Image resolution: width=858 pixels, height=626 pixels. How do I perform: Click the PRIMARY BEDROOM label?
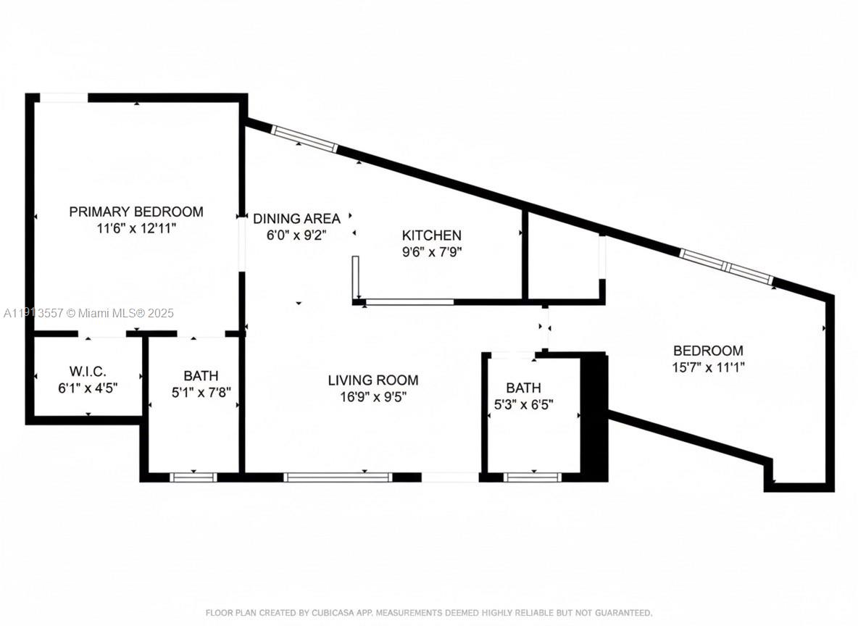pos(136,212)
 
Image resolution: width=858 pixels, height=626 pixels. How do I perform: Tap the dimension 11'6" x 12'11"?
pos(136,228)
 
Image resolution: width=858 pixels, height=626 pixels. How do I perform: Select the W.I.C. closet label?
pos(87,371)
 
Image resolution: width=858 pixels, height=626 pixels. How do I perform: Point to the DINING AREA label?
pos(296,218)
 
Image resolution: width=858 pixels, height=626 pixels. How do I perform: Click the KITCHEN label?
pos(431,235)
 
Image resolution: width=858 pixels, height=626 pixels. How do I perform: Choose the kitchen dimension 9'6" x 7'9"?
pos(431,252)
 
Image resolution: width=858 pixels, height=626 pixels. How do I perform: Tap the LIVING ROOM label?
pos(372,380)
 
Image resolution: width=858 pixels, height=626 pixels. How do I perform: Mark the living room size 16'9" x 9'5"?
pos(372,396)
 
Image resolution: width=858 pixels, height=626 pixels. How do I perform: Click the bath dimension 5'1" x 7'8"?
pos(200,392)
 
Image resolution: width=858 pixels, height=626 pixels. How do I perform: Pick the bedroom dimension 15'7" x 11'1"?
pos(708,367)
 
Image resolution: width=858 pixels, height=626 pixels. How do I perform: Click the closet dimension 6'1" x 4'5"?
pos(87,387)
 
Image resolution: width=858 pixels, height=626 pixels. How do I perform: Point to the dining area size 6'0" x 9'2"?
pos(296,234)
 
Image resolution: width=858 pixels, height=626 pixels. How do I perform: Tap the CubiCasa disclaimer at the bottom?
pos(429,612)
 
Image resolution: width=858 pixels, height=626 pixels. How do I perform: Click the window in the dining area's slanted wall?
pos(304,138)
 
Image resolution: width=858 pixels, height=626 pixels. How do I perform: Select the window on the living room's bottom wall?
pos(338,477)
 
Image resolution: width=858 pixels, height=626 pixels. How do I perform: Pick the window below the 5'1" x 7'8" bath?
pos(193,477)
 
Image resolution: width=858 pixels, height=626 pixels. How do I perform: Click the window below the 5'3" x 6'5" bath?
pos(532,477)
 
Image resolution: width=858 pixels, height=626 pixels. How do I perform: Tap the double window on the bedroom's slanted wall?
pos(726,265)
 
